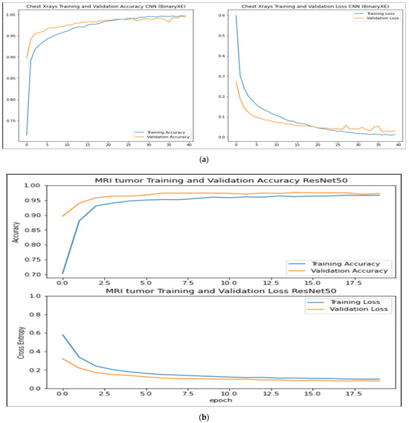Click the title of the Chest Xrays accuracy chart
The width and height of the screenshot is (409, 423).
104,7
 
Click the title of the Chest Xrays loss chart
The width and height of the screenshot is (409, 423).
303,7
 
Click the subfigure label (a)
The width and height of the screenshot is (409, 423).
204,158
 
